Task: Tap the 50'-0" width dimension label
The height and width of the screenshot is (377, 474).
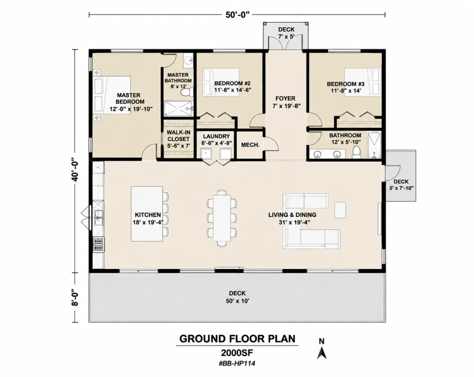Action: [x=237, y=15]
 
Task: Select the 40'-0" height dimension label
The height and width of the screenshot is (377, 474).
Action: [x=75, y=170]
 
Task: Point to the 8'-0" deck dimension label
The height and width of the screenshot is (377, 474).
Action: [x=75, y=298]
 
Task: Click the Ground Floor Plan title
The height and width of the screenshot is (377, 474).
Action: [x=237, y=339]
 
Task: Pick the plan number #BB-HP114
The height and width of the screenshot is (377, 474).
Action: [x=237, y=364]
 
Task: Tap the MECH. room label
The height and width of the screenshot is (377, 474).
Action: [x=250, y=145]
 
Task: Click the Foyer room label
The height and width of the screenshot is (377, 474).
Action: [x=285, y=98]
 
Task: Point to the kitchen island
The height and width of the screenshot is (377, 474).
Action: [x=147, y=214]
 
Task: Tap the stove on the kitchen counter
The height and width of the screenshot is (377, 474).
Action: [x=98, y=245]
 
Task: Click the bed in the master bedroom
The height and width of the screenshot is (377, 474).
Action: [x=112, y=95]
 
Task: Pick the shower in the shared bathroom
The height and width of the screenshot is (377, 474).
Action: [x=374, y=145]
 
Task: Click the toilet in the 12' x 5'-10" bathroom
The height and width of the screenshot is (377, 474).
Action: [x=357, y=152]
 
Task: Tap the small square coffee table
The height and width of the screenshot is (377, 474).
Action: [x=340, y=210]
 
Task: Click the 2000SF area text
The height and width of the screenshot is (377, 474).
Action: [x=237, y=353]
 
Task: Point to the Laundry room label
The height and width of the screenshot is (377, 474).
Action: [x=216, y=137]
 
